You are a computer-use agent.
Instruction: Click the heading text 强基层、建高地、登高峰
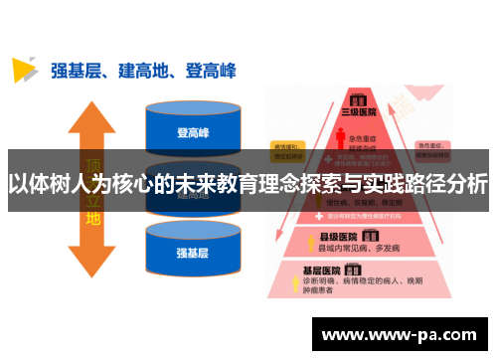pos(143,70)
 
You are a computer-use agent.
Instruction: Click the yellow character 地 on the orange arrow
pos(93,218)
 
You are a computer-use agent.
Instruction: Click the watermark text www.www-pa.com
pos(403,336)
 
